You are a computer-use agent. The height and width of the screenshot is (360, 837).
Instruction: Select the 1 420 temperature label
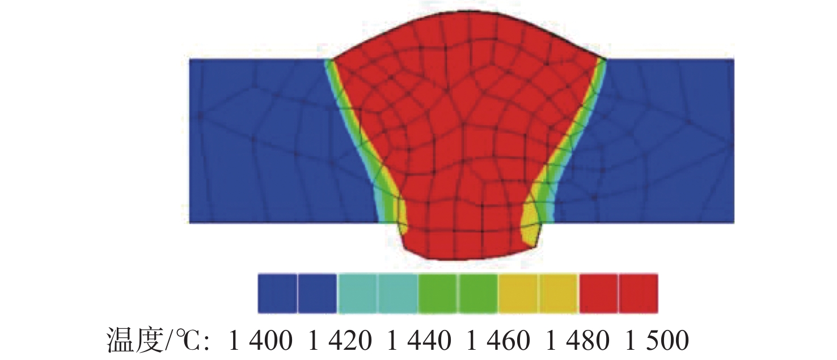point(340,341)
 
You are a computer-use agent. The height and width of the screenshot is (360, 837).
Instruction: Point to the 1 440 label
point(420,341)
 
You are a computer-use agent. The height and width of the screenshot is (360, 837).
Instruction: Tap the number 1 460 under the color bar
point(498,341)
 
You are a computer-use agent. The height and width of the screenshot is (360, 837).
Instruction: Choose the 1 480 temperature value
point(578,341)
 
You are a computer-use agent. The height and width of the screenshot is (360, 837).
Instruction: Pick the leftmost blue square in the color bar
point(277,293)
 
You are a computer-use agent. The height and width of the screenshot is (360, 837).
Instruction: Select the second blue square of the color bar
point(318,293)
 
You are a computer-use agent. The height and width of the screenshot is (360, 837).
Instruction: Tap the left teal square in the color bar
point(358,293)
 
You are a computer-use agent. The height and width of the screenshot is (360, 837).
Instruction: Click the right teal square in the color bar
point(398,293)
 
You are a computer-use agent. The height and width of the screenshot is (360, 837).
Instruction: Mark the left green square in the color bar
point(438,293)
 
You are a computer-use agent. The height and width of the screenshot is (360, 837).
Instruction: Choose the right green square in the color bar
point(479,293)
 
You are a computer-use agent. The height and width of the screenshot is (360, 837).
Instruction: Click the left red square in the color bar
point(599,293)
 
